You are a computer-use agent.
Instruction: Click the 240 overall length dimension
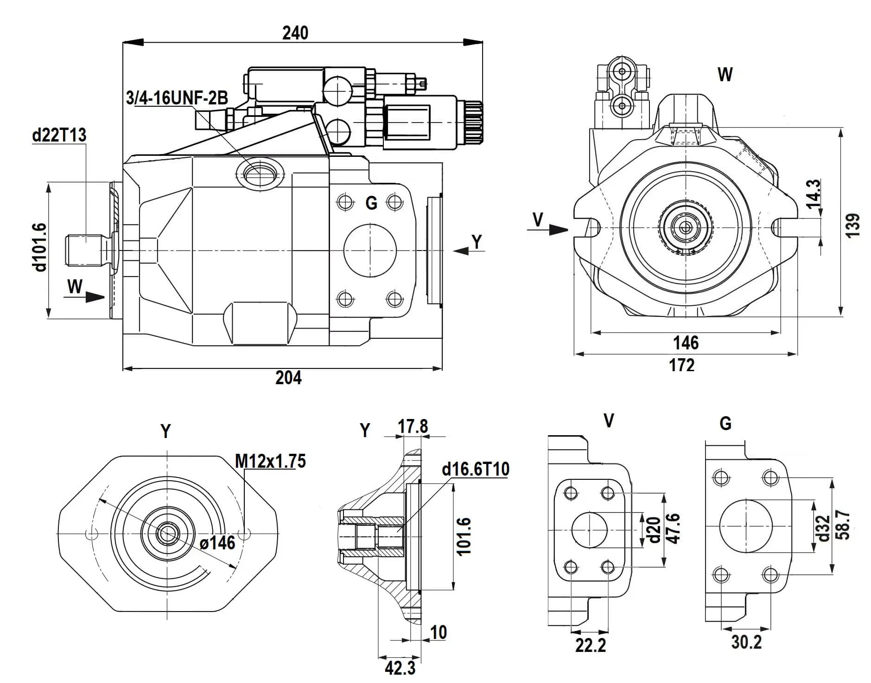295,33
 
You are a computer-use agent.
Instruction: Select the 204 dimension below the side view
288,378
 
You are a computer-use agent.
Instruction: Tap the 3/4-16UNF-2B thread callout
177,98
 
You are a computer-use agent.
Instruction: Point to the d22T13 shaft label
59,135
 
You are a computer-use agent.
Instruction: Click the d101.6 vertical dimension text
40,247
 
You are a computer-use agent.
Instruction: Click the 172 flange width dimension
682,365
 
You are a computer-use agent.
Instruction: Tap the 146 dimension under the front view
686,343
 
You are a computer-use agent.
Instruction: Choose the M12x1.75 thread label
270,461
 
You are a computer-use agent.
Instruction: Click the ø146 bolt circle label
217,542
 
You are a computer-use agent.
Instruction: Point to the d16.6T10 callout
476,469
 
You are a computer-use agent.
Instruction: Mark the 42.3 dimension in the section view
400,668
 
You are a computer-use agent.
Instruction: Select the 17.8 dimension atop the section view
413,426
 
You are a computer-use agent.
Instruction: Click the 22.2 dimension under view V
591,645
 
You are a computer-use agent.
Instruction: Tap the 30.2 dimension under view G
746,642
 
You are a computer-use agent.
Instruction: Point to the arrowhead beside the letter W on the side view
95,297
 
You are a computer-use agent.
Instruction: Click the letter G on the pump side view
371,203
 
